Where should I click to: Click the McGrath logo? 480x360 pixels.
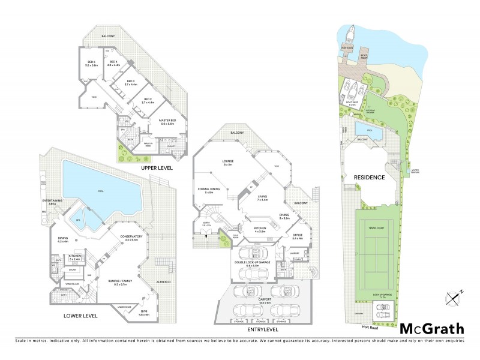click(x=432, y=328)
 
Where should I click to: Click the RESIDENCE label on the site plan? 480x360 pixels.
click(x=369, y=178)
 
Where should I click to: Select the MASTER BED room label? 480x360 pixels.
click(x=166, y=122)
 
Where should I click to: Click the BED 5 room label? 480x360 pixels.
click(x=92, y=63)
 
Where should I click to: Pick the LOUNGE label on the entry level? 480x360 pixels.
click(x=227, y=162)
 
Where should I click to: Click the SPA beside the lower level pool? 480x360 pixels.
click(x=80, y=220)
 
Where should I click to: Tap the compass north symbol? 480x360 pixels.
click(x=454, y=295)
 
